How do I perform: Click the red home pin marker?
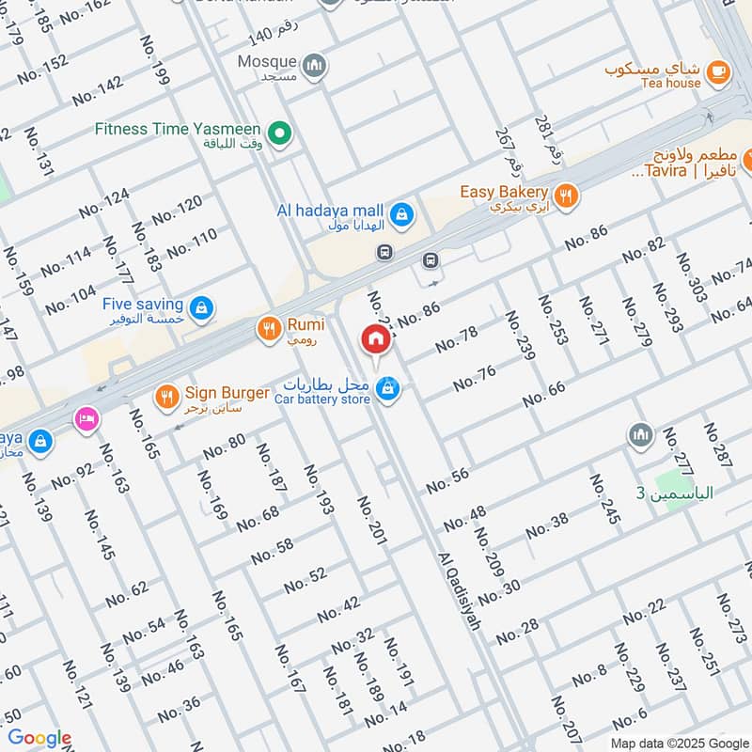pos(375,340)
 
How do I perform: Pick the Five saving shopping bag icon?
pos(200,307)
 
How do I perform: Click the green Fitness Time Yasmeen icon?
pos(278,135)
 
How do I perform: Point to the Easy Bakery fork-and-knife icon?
pos(565,196)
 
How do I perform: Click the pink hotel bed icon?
pos(86,417)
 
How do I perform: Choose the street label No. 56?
pos(447,480)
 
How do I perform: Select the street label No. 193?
pos(319,489)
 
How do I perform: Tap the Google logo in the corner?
pos(40,739)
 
